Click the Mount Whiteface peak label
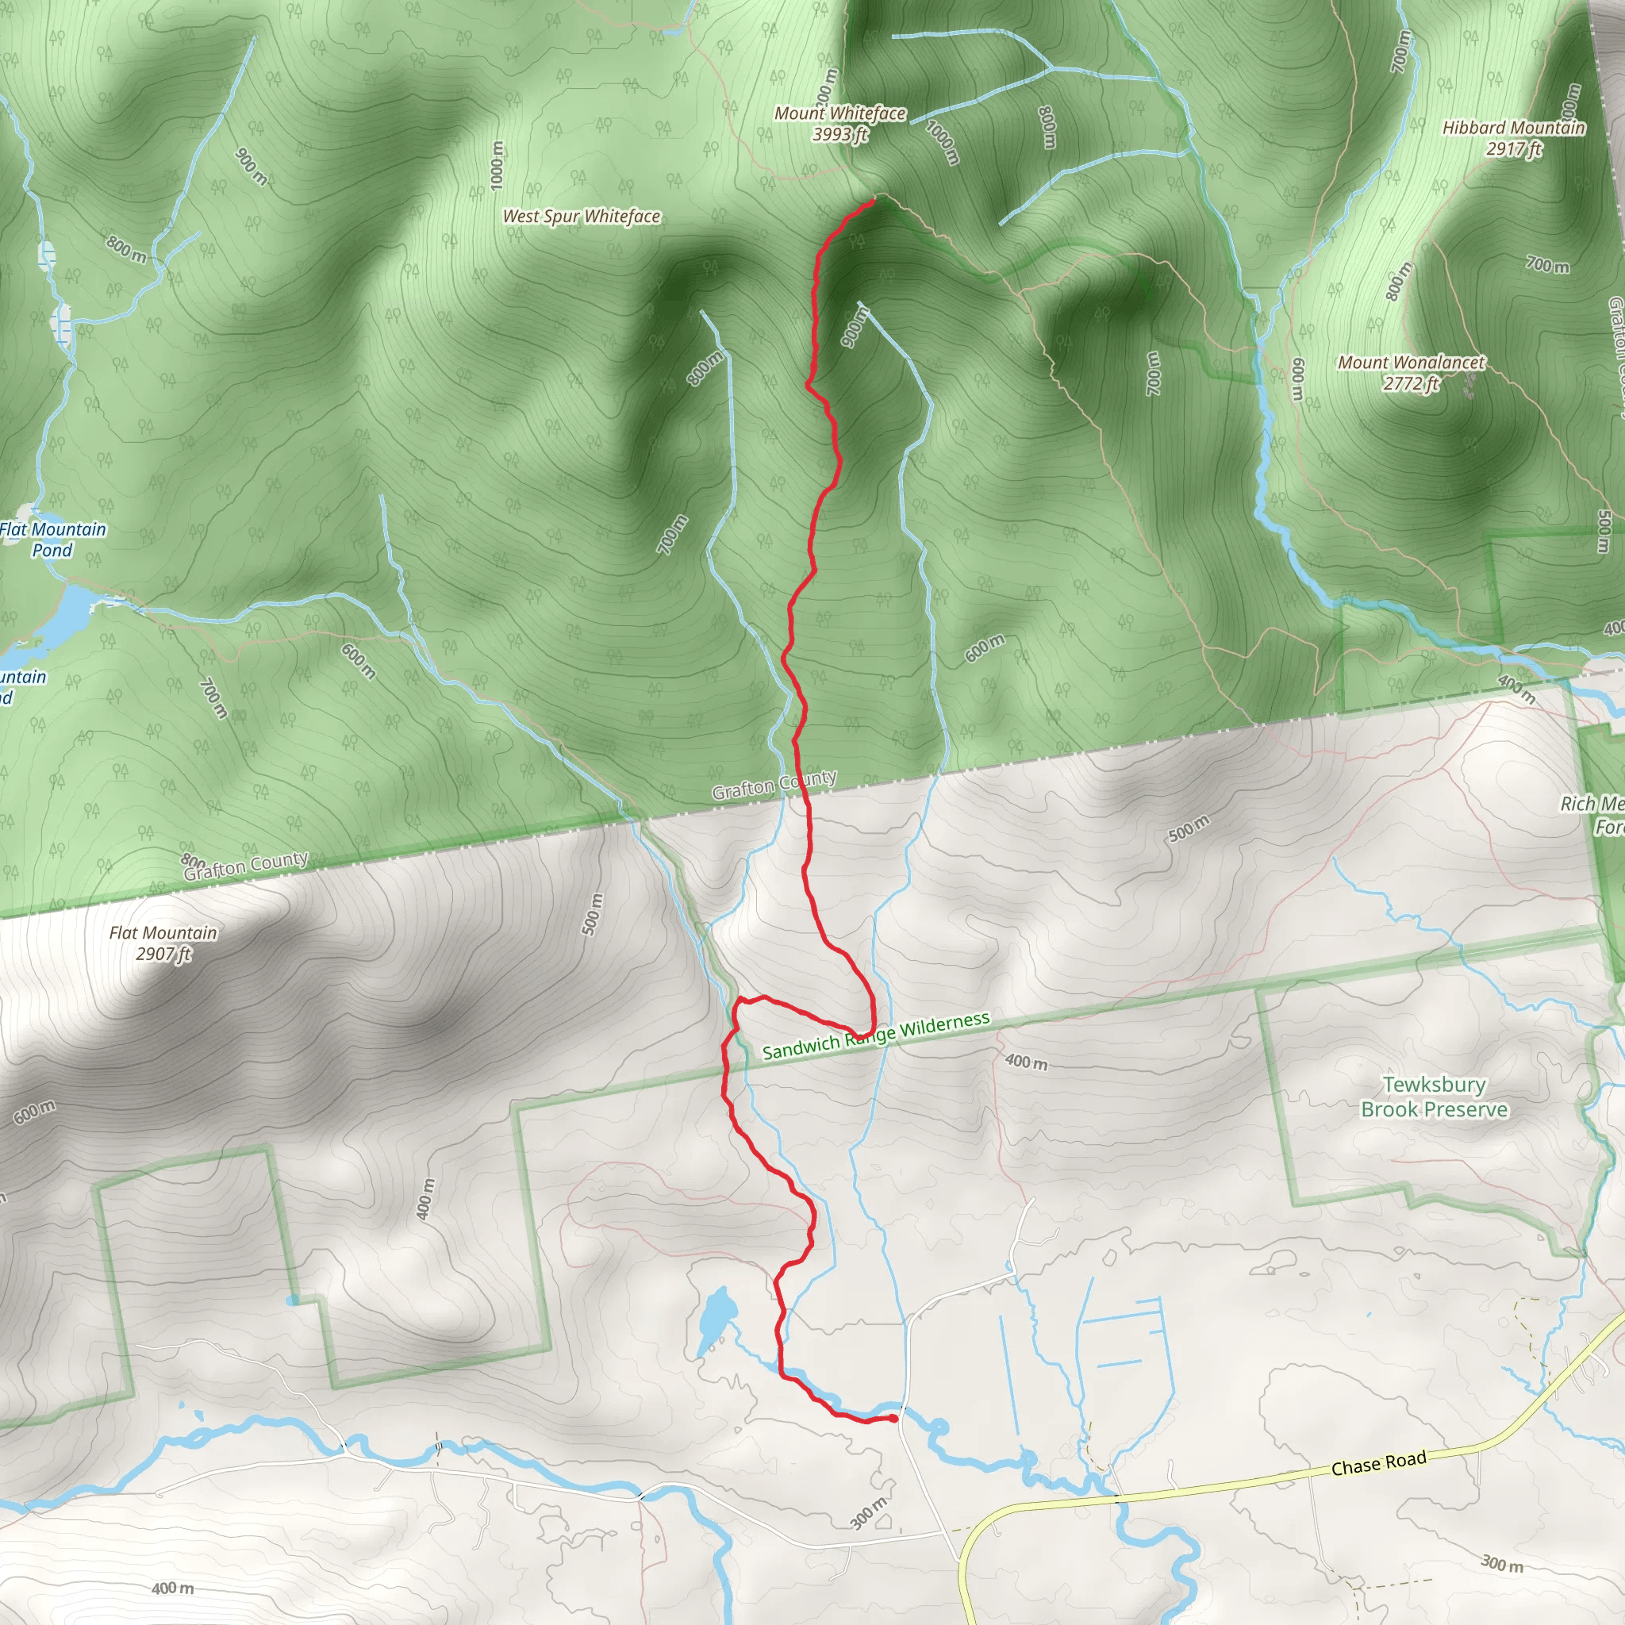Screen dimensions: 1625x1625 [x=839, y=113]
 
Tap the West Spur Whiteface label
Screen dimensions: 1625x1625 [x=581, y=217]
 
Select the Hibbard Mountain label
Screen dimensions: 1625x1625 [x=1513, y=129]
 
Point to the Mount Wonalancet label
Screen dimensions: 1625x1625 [x=1412, y=363]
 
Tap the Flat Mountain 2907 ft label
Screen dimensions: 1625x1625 [x=163, y=943]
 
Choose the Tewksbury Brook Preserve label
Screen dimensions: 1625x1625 [x=1434, y=1097]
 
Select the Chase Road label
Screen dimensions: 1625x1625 [x=1378, y=1463]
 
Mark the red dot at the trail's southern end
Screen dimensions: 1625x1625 [x=893, y=1419]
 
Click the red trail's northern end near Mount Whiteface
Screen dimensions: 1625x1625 [x=873, y=199]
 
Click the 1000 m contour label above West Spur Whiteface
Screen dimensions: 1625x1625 [x=497, y=165]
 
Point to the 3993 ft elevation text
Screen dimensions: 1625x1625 [x=839, y=135]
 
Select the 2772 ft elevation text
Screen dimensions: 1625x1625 [x=1411, y=383]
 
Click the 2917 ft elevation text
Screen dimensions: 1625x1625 [x=1513, y=150]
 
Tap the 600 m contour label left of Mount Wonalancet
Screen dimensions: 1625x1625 [x=1299, y=379]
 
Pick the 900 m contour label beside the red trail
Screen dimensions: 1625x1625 [x=852, y=326]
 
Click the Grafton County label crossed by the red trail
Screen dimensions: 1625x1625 [x=774, y=785]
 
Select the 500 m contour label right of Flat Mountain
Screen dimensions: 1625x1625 [x=593, y=914]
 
